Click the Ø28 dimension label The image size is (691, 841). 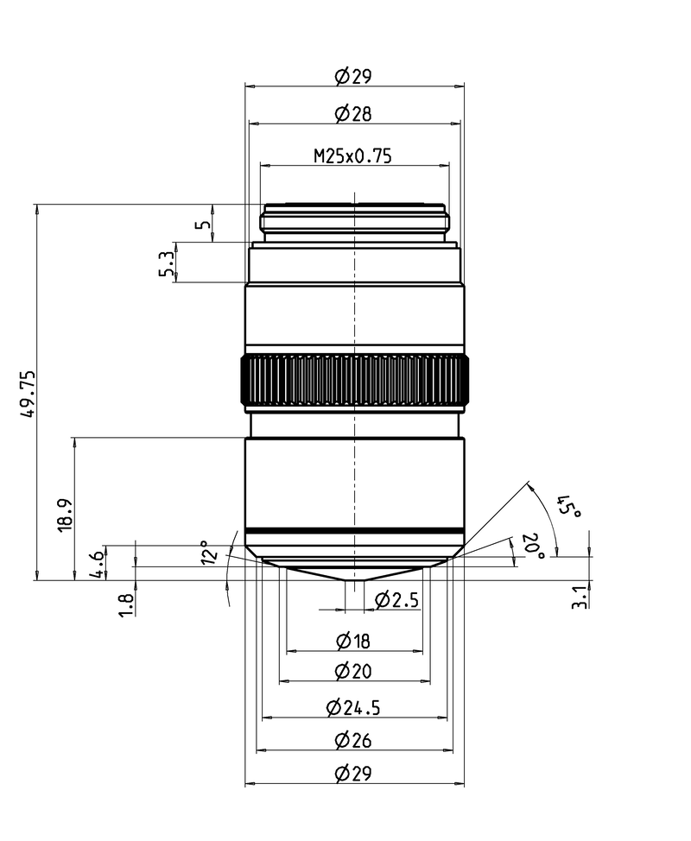tap(353, 114)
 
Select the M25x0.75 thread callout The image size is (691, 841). tap(353, 156)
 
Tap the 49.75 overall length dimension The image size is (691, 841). tap(28, 393)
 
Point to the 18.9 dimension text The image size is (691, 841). tap(65, 515)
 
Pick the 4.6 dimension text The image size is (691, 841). tap(97, 564)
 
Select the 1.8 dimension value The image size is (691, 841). tap(127, 604)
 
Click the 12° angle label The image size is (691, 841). tap(210, 552)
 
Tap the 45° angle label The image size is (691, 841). tap(569, 506)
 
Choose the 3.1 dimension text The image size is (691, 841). tap(580, 597)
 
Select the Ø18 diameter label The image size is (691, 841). tap(353, 641)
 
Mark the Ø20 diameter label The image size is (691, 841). tap(353, 671)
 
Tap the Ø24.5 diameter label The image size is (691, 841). tap(353, 708)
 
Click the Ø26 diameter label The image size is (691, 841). tap(353, 741)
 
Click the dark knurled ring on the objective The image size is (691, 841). tap(355, 380)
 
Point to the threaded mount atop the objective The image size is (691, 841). tap(355, 222)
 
